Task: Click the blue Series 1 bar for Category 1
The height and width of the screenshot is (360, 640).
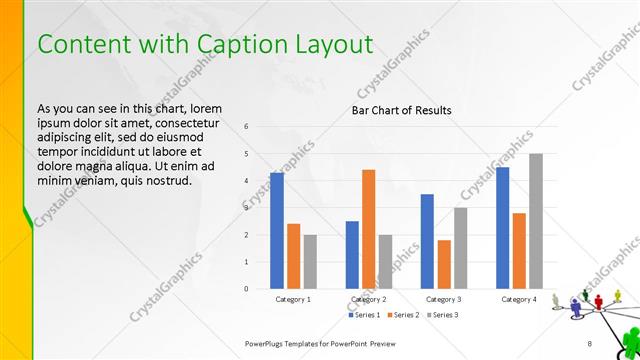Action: [x=277, y=231]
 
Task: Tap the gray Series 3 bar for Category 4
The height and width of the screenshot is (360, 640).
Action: [x=536, y=221]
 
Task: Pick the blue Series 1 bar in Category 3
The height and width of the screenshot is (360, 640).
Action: [x=427, y=241]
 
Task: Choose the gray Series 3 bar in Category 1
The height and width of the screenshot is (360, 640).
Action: [x=310, y=262]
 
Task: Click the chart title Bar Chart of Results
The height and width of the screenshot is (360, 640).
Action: [x=401, y=110]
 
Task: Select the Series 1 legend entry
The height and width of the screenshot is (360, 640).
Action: [x=364, y=316]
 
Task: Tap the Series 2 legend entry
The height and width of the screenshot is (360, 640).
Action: [x=403, y=316]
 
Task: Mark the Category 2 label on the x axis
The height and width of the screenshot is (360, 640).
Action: [x=369, y=299]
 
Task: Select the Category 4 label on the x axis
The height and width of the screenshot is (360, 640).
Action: [x=519, y=299]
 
